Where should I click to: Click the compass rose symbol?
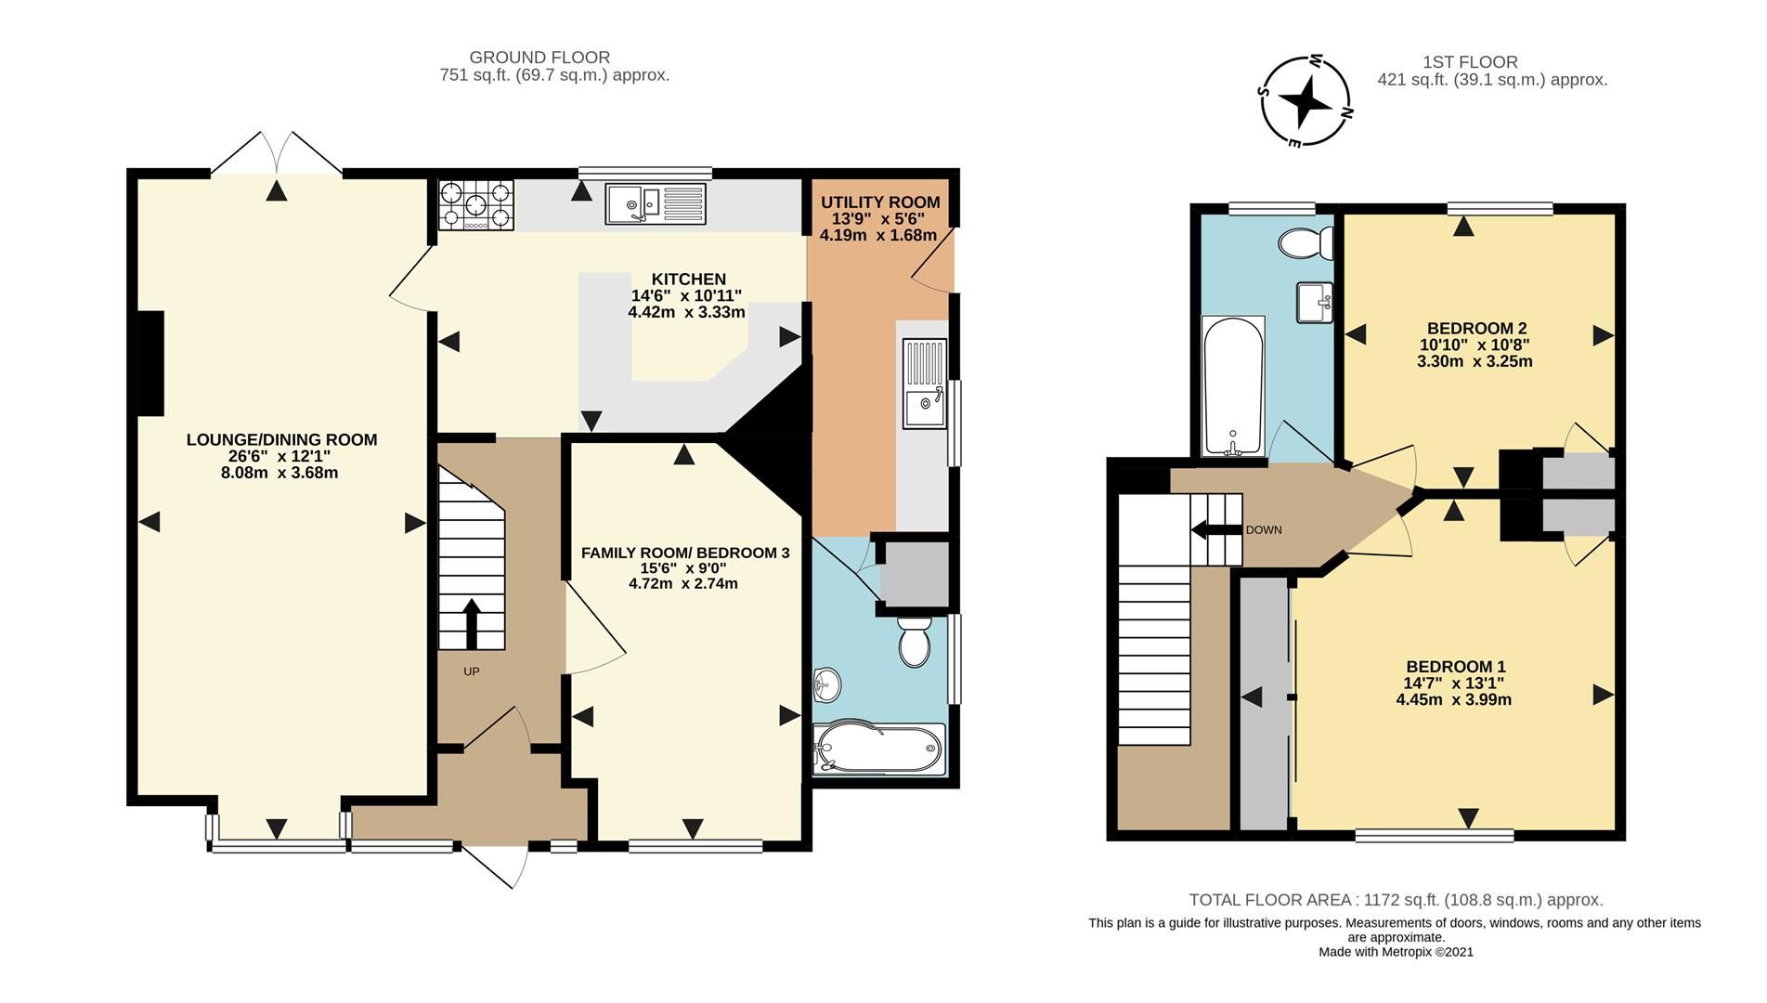1306,101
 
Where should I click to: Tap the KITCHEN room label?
688,280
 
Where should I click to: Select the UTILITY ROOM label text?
879,202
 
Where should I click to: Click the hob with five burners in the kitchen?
475,205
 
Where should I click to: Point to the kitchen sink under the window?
656,203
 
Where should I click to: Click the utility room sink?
925,384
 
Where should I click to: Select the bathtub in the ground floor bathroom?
878,749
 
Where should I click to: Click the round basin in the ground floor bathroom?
826,685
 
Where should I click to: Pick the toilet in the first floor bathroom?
1305,243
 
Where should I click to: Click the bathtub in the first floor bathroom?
1232,385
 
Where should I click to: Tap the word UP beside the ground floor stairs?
472,671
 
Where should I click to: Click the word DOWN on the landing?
1263,530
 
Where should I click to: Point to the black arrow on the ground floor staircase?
471,623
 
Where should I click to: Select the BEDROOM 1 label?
1455,667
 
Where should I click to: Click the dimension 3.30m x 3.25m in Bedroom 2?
1474,361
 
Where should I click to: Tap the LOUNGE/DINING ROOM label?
281,439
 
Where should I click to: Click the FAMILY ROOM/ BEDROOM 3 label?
684,553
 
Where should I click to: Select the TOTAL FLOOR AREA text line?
1396,900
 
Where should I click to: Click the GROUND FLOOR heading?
539,58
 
